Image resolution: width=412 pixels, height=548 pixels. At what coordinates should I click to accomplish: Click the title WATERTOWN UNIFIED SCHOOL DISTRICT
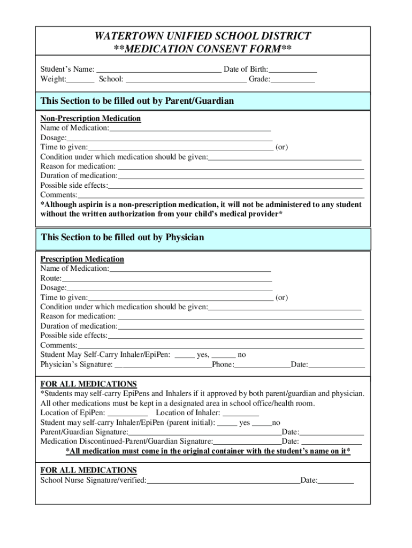click(x=203, y=36)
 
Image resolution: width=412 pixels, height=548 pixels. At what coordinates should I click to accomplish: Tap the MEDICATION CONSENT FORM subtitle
click(x=203, y=49)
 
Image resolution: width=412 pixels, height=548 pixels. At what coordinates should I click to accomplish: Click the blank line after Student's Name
click(x=158, y=70)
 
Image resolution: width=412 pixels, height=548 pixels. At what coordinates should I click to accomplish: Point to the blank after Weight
click(x=81, y=80)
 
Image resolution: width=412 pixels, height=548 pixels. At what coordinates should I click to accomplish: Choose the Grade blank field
click(x=293, y=80)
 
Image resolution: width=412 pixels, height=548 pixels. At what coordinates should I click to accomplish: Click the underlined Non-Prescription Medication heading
click(x=90, y=118)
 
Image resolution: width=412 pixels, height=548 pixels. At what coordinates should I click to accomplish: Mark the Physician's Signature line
click(x=163, y=365)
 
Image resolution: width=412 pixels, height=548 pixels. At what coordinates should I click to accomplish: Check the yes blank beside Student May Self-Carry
click(x=185, y=355)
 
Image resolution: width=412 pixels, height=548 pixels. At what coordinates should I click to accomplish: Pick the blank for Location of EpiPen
click(x=128, y=413)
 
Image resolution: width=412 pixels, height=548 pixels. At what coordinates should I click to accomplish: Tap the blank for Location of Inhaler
click(x=241, y=413)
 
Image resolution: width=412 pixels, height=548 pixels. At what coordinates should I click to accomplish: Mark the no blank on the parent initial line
click(x=262, y=423)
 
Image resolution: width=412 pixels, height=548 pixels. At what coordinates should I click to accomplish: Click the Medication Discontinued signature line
click(x=247, y=442)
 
